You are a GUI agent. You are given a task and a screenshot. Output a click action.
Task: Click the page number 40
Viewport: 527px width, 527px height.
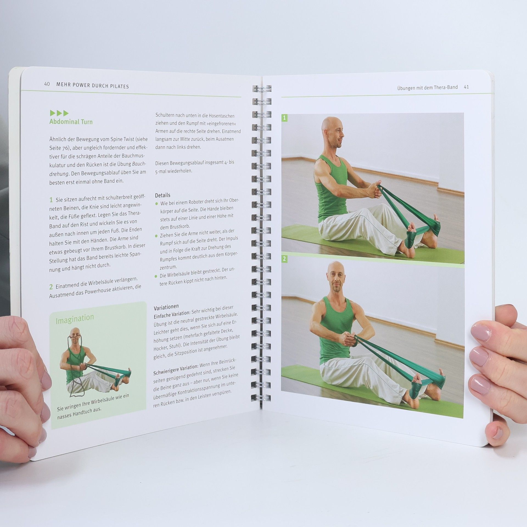[47, 84]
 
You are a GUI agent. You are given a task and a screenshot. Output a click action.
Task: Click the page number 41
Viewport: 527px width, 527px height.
[466, 87]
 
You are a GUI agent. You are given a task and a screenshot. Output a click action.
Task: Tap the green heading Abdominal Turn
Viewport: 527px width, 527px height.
[71, 122]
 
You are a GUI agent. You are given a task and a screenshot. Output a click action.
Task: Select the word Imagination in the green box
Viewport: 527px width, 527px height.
[75, 318]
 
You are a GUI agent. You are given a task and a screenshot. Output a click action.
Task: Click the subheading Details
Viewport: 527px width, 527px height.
[162, 195]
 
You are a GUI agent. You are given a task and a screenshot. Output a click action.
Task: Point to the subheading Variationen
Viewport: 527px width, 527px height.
[166, 307]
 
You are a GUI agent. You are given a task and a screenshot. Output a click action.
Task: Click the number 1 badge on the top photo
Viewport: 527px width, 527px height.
[284, 118]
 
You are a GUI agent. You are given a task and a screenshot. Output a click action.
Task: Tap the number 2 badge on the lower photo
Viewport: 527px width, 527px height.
[284, 259]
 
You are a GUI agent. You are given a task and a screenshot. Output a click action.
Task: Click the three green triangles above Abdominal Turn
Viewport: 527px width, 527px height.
[59, 113]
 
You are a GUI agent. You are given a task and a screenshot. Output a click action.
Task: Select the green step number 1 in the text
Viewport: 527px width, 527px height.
[51, 200]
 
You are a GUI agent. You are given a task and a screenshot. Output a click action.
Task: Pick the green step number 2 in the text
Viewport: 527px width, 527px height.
[51, 287]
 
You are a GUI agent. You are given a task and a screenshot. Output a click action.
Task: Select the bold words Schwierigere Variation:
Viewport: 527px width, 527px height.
[175, 370]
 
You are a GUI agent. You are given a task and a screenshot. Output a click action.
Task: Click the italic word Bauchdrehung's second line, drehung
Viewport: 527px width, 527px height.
[59, 174]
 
